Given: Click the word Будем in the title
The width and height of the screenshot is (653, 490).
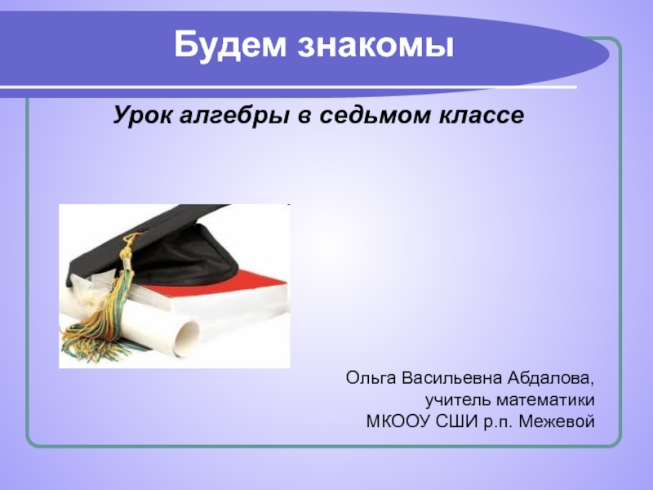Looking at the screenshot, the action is click(x=230, y=45).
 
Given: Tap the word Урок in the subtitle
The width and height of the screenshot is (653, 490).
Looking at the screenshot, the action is click(x=142, y=115).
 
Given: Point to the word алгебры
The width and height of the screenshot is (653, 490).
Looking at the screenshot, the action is click(x=234, y=115).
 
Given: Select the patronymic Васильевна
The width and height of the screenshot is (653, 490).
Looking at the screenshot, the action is click(x=452, y=378).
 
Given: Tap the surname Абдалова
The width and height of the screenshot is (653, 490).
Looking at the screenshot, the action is click(x=551, y=378).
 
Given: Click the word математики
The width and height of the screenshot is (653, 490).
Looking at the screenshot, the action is click(x=545, y=401).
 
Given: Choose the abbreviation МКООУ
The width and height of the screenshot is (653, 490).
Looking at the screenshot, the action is click(x=398, y=421).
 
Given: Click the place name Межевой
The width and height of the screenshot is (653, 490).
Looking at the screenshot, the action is click(x=557, y=421).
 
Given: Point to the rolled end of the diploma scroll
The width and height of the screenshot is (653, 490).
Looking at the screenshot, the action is click(x=189, y=338).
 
